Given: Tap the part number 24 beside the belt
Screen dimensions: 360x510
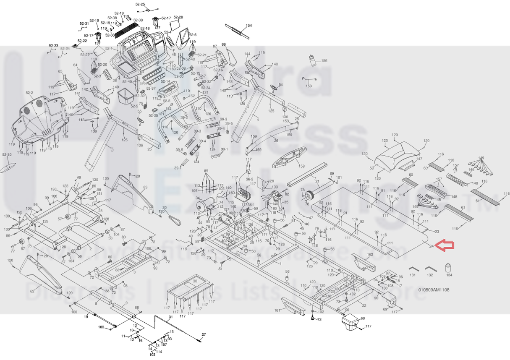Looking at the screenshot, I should point(431,246).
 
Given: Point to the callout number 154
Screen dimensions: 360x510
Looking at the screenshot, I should point(249,26).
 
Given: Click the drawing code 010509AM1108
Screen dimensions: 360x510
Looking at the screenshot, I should point(434,290).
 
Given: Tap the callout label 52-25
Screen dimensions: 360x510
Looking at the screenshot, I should point(140,4).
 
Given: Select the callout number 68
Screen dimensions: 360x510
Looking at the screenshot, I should point(363,318).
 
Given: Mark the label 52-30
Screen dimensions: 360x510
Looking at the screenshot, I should point(7,155).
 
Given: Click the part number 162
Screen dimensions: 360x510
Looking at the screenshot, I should point(370,254).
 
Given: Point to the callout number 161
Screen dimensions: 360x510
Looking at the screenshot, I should point(277,310).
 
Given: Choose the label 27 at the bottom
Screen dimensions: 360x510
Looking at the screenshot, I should point(204,334).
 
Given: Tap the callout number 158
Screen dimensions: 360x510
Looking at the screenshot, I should point(301,167).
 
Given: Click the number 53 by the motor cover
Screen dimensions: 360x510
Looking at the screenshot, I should point(371,168).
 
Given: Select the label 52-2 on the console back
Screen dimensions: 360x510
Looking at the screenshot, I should point(29,93).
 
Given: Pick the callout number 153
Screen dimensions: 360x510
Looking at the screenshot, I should point(309,86).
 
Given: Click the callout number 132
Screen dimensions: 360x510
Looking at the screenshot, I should point(429,275).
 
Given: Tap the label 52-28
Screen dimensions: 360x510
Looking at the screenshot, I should point(178,17).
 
